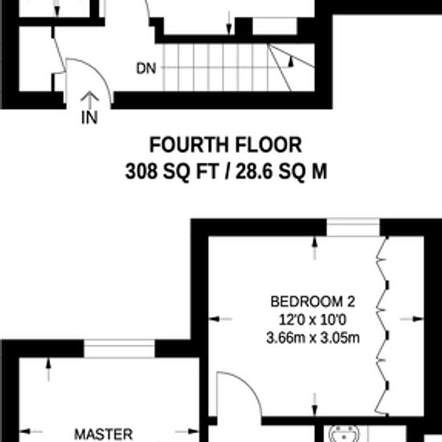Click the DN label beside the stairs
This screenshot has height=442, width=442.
(145, 69)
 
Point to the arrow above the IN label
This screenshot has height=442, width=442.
(90, 100)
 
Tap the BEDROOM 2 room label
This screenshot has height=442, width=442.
(312, 303)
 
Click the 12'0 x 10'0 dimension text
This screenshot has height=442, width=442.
(312, 320)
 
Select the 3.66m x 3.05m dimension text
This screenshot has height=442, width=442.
(312, 337)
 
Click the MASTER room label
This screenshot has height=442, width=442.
(103, 434)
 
